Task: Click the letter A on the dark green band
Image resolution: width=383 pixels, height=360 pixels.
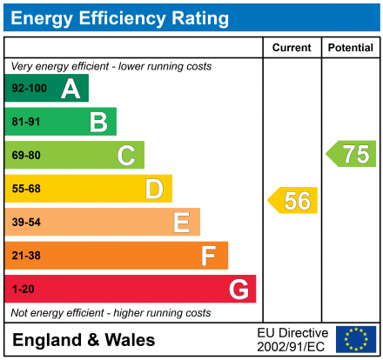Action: (x=71, y=89)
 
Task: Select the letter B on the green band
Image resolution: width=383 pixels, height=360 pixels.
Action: (x=98, y=122)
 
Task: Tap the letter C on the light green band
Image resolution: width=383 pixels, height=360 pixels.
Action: (x=126, y=156)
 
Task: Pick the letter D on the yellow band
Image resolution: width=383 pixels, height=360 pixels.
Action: (x=154, y=189)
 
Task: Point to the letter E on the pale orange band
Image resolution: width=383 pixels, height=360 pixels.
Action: (x=181, y=223)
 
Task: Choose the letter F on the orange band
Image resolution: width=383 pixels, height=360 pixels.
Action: (x=209, y=256)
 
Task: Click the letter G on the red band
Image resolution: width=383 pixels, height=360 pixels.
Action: (x=238, y=289)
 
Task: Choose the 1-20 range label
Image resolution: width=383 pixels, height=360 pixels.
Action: (x=22, y=289)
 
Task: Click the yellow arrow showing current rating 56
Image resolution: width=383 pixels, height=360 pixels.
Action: (x=293, y=201)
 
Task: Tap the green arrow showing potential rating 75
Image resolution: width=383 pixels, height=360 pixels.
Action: (x=352, y=154)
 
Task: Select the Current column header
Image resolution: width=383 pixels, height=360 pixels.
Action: (x=292, y=48)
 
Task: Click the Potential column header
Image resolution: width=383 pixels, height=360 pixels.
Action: (x=350, y=48)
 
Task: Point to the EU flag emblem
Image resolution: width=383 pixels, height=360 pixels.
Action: (x=355, y=339)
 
